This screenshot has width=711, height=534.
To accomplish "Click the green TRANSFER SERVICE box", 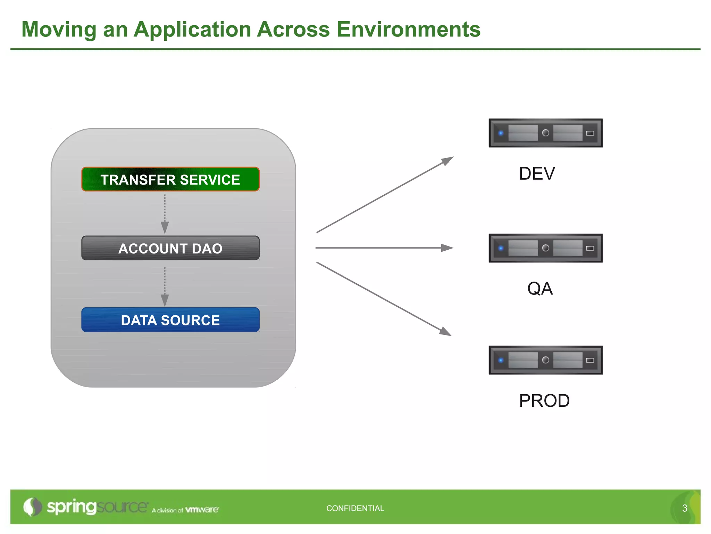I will (x=170, y=179).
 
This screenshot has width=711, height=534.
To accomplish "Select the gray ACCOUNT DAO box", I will (x=170, y=248).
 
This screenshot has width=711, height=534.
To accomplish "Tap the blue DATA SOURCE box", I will (x=170, y=320).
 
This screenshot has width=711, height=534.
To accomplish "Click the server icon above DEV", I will (x=545, y=133).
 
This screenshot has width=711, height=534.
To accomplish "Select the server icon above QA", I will (x=545, y=248).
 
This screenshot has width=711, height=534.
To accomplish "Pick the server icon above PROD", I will (x=545, y=360).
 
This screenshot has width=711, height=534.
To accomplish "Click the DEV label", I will (x=537, y=173).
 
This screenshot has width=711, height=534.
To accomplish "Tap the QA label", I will (x=540, y=289).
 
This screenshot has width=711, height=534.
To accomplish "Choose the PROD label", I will (x=544, y=400).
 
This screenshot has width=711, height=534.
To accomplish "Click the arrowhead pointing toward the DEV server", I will (x=448, y=160).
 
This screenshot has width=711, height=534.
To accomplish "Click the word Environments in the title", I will (x=409, y=29).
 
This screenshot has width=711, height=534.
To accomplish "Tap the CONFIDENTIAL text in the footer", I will (x=355, y=508).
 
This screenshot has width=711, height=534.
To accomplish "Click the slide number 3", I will (x=685, y=508).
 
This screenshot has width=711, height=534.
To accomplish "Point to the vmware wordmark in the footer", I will (x=202, y=510).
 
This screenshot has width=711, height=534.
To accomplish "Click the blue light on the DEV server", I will (x=501, y=133).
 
